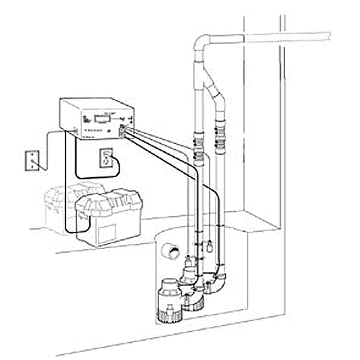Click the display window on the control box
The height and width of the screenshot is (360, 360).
pyautogui.click(x=97, y=120)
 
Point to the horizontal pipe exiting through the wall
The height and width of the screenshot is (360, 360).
pyautogui.click(x=288, y=34)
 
